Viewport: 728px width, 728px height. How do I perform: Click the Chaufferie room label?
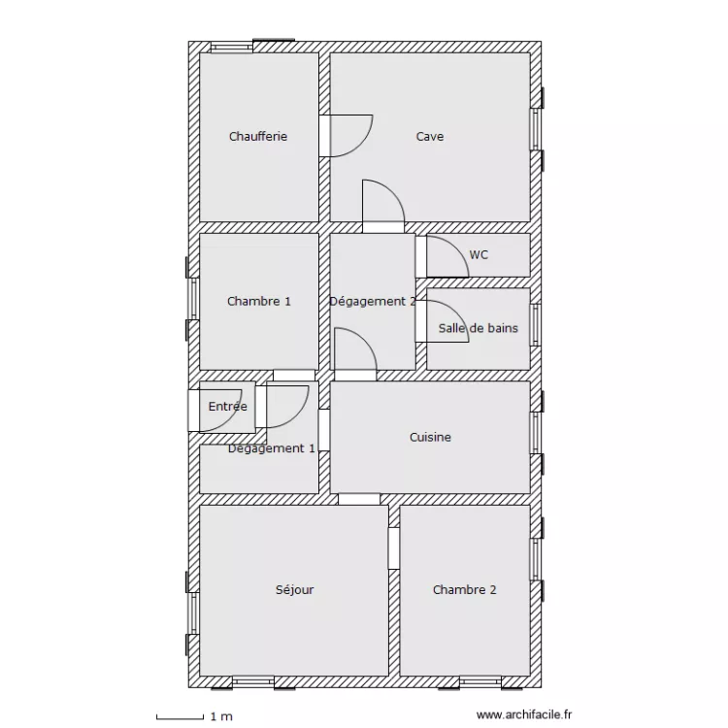258,137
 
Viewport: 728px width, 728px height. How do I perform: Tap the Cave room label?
430,137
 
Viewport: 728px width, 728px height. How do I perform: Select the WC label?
479,255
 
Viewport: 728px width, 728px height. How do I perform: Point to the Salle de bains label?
478,328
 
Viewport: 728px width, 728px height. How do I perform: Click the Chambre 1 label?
259,302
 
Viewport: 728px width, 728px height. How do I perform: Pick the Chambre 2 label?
465,590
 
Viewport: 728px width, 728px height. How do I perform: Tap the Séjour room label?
294,590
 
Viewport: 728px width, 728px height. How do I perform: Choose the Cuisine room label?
430,438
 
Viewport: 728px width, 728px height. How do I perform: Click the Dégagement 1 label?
272,448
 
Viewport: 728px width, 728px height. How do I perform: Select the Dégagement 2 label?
373,302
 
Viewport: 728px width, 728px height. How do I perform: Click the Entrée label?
227,407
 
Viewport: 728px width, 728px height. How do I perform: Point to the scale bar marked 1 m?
194,717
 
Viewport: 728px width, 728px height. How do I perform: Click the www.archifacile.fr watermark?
524,716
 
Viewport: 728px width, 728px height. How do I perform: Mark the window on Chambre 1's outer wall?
193,298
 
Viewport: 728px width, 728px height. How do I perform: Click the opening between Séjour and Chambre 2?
394,548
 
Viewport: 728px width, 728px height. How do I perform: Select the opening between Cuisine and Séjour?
359,499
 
